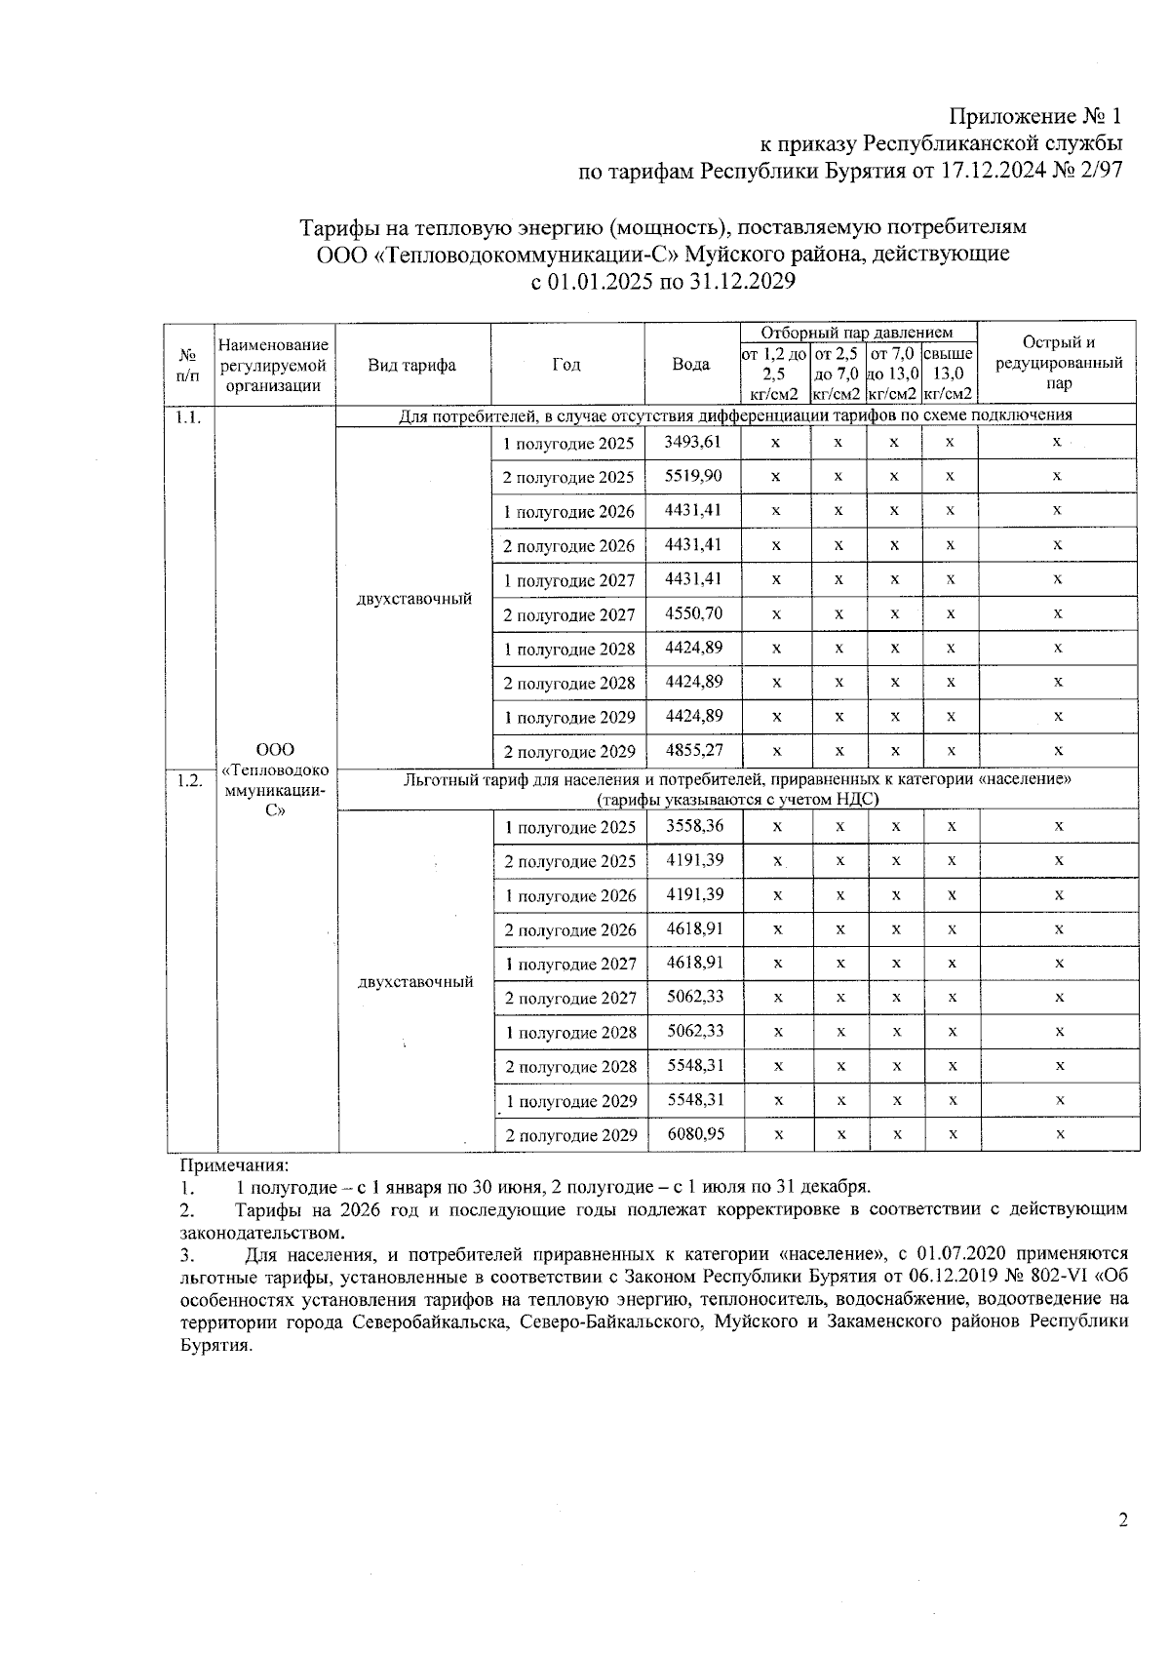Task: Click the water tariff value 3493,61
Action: click(x=693, y=442)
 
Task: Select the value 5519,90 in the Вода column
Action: click(x=693, y=476)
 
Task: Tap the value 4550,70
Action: click(x=693, y=613)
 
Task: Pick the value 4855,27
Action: click(x=693, y=751)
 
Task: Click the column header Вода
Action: click(x=691, y=365)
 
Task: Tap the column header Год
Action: click(x=566, y=365)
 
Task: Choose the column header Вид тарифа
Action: click(x=412, y=365)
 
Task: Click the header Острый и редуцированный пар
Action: click(x=1058, y=363)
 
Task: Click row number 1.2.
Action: click(x=189, y=780)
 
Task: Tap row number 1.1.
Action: click(x=189, y=417)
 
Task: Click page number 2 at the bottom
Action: click(x=1123, y=1549)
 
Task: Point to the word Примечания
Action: click(x=234, y=1165)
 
